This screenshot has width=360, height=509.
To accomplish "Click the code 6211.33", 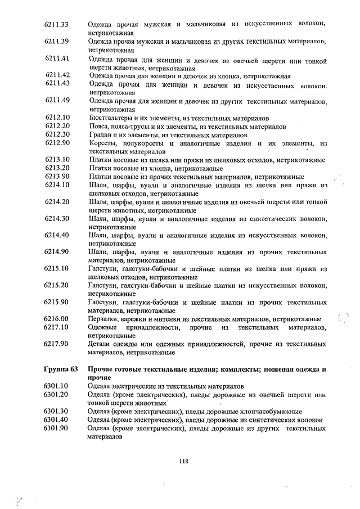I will [x=57, y=24].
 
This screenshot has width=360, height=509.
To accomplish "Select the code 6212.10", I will [x=57, y=118].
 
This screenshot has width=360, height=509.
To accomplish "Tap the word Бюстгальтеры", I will [x=110, y=118].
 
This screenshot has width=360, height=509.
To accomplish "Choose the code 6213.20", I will [x=57, y=168].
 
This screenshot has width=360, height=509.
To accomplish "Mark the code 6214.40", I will [x=57, y=235].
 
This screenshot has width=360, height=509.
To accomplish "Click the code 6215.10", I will [x=57, y=268].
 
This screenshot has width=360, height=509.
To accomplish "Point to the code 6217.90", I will [x=57, y=344].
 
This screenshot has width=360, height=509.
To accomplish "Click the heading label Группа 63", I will [x=61, y=370].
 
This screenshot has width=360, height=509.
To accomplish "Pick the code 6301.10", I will [x=57, y=386].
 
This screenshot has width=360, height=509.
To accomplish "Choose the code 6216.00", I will [x=57, y=319].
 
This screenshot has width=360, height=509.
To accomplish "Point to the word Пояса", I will [x=98, y=127].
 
